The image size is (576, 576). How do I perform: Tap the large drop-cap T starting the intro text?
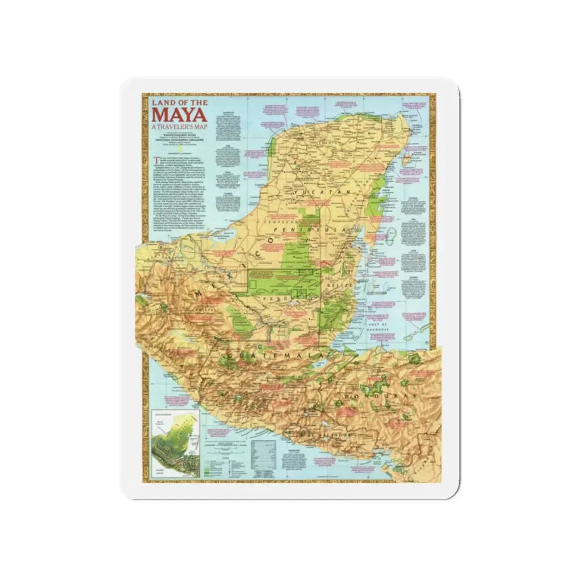(153, 160)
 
